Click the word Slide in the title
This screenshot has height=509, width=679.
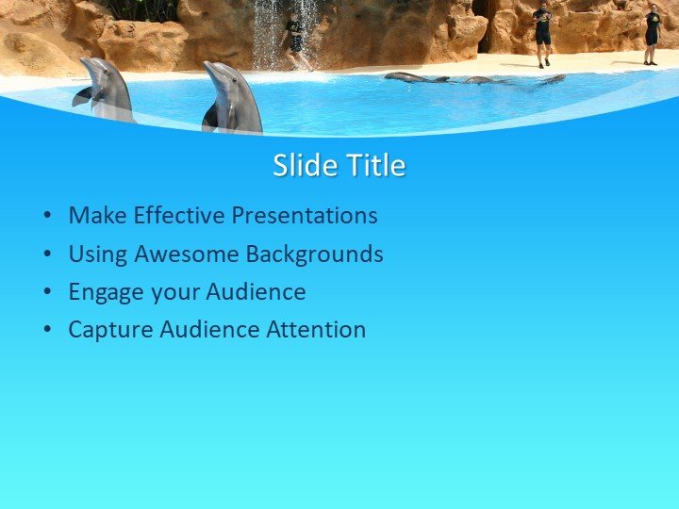tap(304, 166)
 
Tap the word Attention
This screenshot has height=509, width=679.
tap(316, 330)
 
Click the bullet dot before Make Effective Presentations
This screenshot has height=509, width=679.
tap(47, 217)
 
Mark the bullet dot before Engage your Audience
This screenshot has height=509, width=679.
tap(47, 293)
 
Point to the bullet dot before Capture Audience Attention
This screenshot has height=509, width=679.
tap(47, 331)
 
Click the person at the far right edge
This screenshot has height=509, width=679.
tap(652, 34)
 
